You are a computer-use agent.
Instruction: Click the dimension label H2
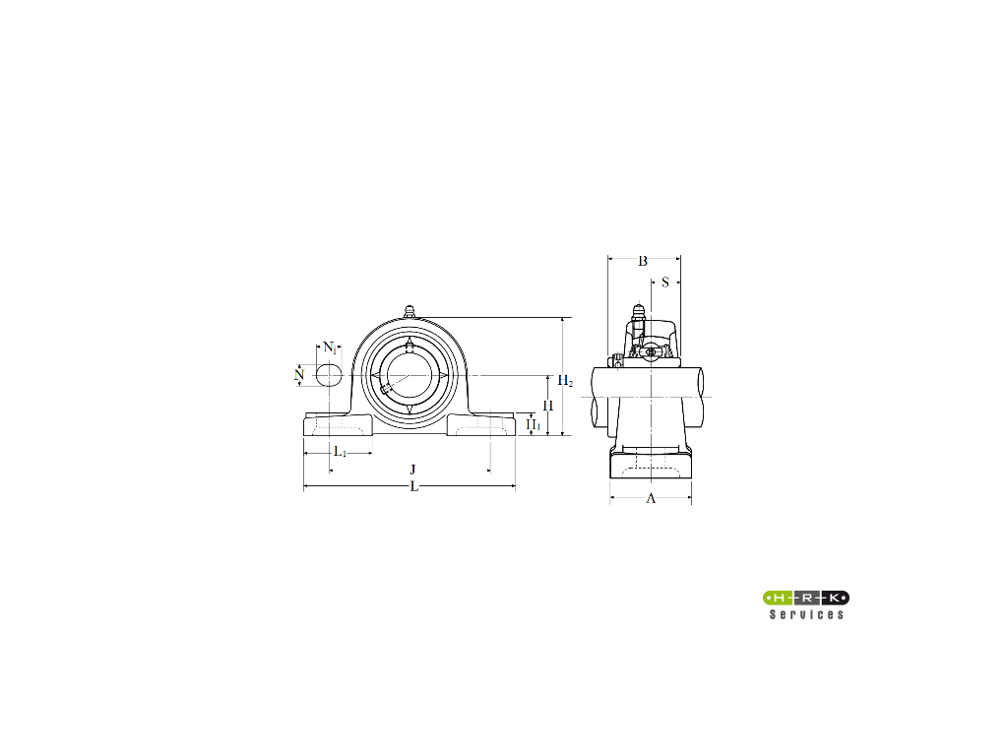[565, 381]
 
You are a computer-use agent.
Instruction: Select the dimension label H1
[534, 424]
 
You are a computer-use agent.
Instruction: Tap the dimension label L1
[340, 452]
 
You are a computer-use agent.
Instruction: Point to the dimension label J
[412, 470]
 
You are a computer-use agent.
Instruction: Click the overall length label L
[414, 486]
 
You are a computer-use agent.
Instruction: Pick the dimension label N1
[329, 347]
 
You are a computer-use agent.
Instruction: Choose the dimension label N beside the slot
[299, 374]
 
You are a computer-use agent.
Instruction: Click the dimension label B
[642, 261]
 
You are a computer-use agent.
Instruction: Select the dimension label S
[665, 282]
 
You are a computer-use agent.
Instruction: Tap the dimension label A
[651, 498]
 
